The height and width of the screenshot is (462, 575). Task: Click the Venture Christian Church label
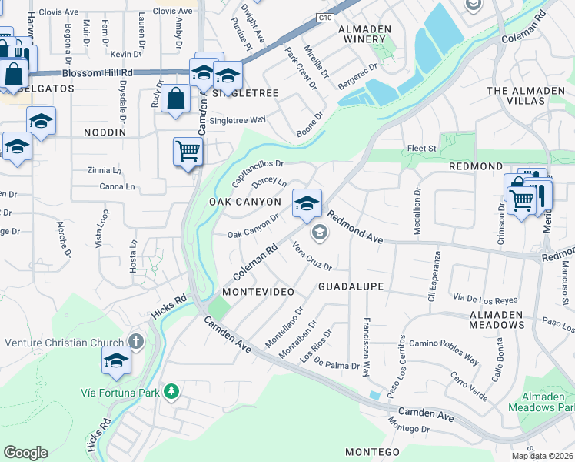tap(64, 343)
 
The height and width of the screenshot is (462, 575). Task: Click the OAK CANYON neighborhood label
tap(245, 202)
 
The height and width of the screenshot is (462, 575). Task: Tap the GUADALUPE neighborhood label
tap(351, 286)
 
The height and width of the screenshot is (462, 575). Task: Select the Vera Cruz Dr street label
tap(312, 256)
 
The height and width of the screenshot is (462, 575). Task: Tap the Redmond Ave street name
tap(355, 227)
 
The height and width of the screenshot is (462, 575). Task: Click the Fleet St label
tap(421, 148)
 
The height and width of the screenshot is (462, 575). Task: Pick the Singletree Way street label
tap(238, 120)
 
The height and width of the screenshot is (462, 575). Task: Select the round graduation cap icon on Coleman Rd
tap(318, 232)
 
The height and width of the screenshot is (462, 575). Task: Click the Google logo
tap(25, 453)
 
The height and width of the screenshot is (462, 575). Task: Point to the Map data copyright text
tap(541, 456)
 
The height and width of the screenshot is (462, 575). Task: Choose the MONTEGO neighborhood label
tap(372, 451)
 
